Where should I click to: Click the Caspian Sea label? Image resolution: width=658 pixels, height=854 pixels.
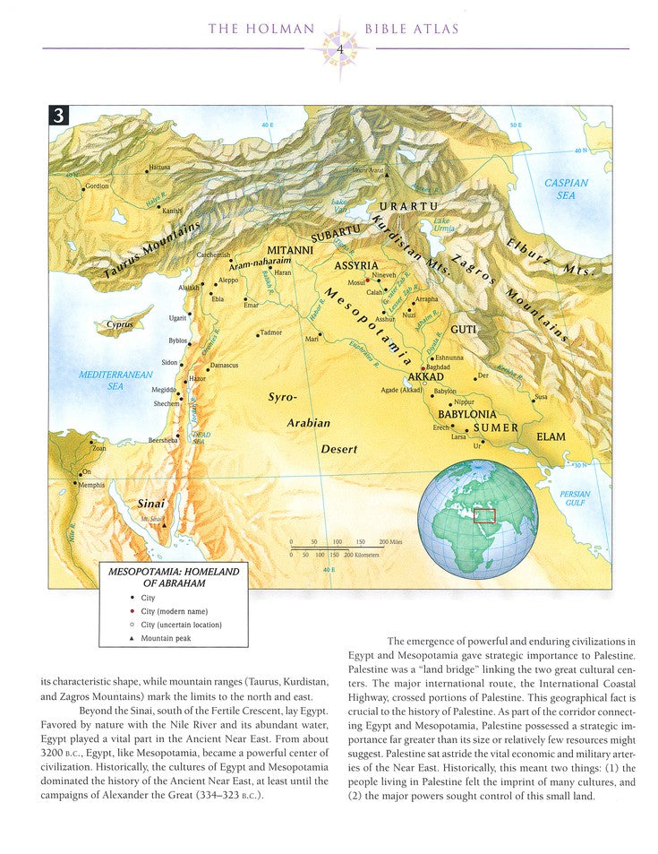click(x=566, y=188)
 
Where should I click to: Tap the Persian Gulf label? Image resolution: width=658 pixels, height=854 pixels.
click(x=575, y=498)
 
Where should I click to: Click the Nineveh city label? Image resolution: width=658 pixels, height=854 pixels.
click(x=383, y=276)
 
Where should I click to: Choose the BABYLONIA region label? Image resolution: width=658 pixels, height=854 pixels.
click(x=466, y=415)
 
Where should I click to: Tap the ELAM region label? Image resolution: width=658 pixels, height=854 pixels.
click(x=551, y=436)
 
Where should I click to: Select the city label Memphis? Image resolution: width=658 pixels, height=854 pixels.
click(x=92, y=485)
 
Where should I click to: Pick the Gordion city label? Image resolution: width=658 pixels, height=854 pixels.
click(x=97, y=186)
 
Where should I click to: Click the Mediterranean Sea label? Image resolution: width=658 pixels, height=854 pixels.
click(x=115, y=380)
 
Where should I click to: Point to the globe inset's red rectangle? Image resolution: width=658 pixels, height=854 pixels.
click(x=484, y=515)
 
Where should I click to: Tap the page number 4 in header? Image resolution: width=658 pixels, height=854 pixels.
click(x=339, y=47)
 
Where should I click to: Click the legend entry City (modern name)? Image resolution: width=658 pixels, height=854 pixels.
click(x=167, y=610)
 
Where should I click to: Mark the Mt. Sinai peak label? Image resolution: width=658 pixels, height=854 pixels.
click(x=150, y=520)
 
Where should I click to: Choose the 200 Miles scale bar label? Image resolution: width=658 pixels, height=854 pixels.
click(x=389, y=543)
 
